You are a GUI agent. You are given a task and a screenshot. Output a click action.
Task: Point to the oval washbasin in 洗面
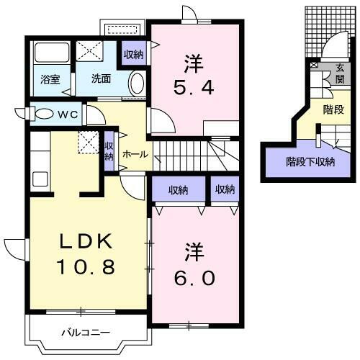(136, 85)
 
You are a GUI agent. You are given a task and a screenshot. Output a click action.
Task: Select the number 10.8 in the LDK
(87, 268)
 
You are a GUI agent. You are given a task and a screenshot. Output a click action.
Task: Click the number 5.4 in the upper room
(194, 89)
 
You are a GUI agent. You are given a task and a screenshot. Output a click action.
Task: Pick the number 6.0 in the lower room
(195, 276)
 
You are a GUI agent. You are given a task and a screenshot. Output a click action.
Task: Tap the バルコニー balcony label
(84, 333)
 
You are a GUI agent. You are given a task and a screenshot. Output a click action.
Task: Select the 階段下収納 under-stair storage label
(310, 162)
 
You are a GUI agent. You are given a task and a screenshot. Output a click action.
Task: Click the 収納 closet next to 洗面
(133, 54)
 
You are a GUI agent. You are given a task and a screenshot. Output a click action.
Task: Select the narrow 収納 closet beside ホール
(109, 151)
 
